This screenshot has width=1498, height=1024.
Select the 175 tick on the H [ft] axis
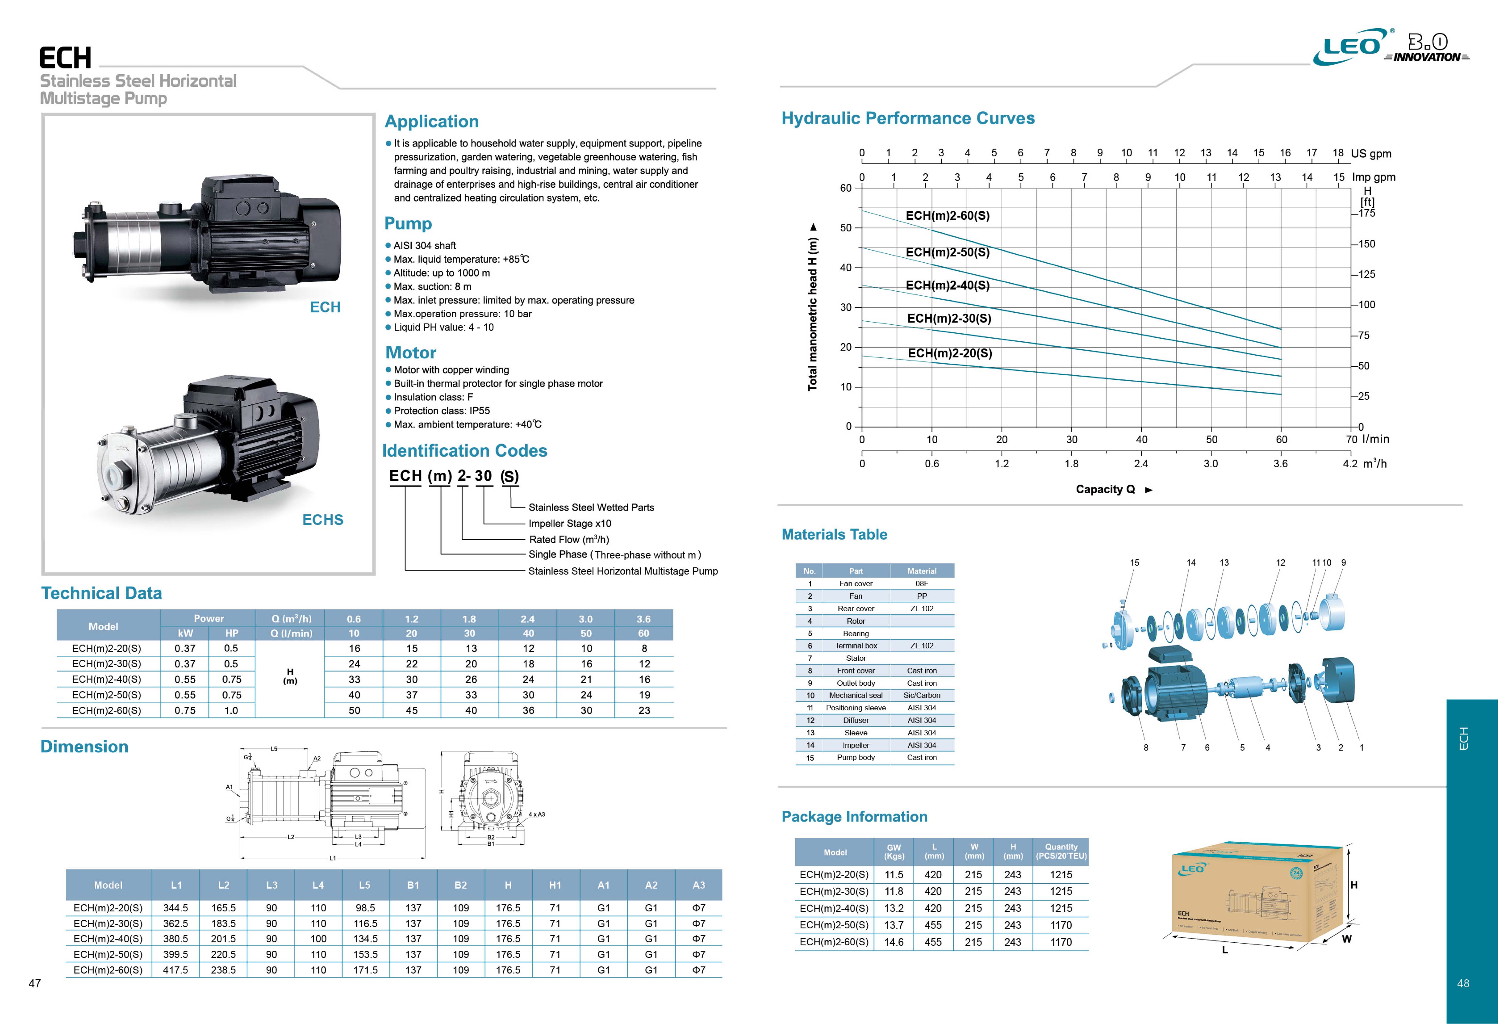point(1366,214)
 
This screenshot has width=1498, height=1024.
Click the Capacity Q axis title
point(1105,489)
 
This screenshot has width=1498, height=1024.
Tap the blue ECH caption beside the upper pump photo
point(325,307)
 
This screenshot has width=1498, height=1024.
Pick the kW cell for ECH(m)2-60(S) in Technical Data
point(185,711)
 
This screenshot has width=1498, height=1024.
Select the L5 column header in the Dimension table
point(365,886)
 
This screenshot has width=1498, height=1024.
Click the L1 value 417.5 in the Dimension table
point(175,970)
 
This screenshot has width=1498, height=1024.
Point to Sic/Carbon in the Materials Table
point(922,695)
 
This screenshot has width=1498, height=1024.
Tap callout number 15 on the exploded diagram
point(1135,562)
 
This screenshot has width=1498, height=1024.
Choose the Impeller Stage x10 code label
point(570,524)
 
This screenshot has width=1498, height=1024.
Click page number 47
point(35,983)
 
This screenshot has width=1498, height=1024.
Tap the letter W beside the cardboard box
point(1347,939)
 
